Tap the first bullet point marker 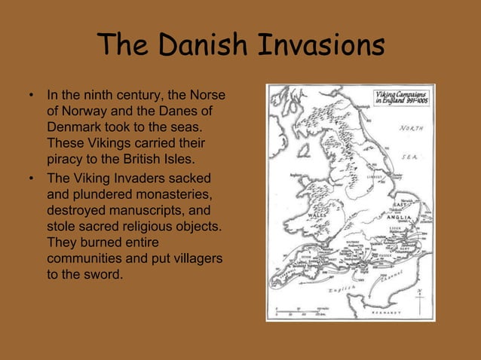point(31,96)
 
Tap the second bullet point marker point(31,179)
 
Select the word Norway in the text point(81,111)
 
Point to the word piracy point(65,159)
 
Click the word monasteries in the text point(167,195)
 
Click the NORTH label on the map point(411,127)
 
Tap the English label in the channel point(343,290)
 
